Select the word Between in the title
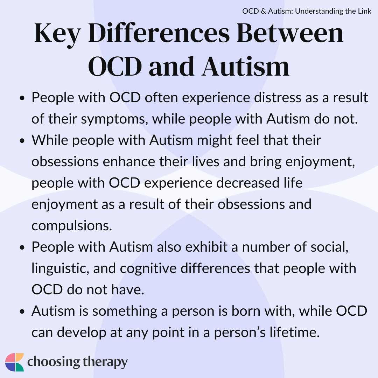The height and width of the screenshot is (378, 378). [290, 33]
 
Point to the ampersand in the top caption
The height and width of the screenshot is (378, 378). [263, 11]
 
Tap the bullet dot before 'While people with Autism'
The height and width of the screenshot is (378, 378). [22, 141]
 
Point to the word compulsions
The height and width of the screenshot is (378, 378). [72, 226]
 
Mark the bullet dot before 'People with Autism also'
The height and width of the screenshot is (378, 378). [22, 247]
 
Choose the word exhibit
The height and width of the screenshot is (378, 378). [206, 247]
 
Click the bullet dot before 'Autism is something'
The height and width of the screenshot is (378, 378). [22, 311]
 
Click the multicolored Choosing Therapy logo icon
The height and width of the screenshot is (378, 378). [14, 362]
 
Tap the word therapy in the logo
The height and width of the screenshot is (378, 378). [105, 363]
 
